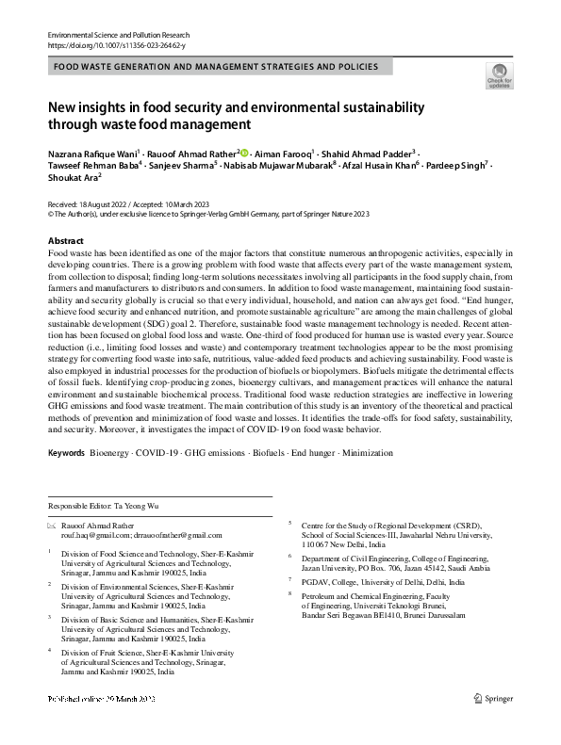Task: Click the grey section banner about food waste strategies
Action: (216, 67)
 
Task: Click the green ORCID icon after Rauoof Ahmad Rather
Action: (243, 153)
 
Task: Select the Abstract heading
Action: (65, 241)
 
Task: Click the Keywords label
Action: (66, 453)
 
